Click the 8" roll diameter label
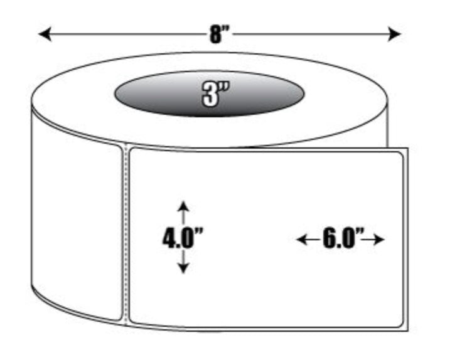[x=220, y=34]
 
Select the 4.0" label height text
[x=183, y=238]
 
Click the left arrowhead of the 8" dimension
[x=45, y=34]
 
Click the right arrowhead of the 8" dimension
[x=394, y=34]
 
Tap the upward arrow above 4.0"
[x=183, y=213]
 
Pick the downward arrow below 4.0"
[x=183, y=262]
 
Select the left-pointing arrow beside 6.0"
[x=309, y=240]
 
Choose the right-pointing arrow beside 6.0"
[x=373, y=240]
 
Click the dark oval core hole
[x=209, y=93]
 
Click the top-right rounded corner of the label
[x=400, y=156]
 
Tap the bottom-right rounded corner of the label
[x=400, y=324]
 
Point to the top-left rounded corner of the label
[x=132, y=151]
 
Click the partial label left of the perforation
[x=77, y=213]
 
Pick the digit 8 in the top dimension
[x=215, y=34]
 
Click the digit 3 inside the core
[x=210, y=95]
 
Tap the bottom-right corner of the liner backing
[x=408, y=331]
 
